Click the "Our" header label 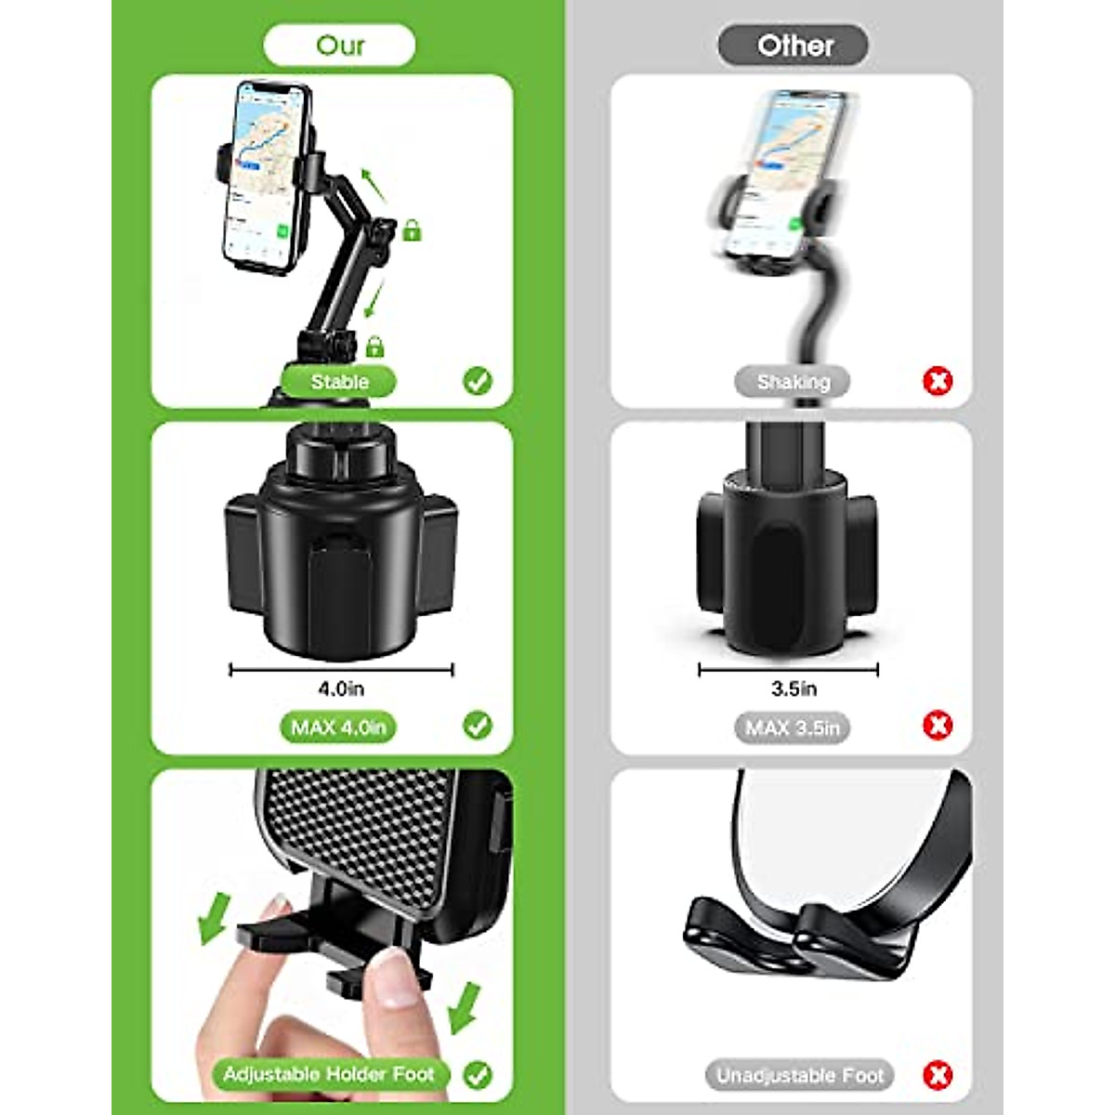click(x=340, y=46)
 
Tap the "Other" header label click(x=794, y=46)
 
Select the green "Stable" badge click(x=339, y=382)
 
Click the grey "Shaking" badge click(x=793, y=382)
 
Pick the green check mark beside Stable click(x=478, y=380)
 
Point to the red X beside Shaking click(x=938, y=380)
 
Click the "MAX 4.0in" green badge click(x=338, y=728)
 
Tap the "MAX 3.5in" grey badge click(x=793, y=728)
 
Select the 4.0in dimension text click(x=341, y=689)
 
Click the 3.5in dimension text click(x=794, y=689)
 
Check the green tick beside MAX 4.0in click(x=478, y=725)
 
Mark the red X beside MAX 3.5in click(x=938, y=725)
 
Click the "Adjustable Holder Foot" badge click(x=329, y=1075)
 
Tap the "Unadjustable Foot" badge click(x=799, y=1076)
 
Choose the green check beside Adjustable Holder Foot click(x=478, y=1075)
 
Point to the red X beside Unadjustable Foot click(x=938, y=1075)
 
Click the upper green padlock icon click(x=412, y=230)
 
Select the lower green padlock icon click(x=374, y=346)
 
